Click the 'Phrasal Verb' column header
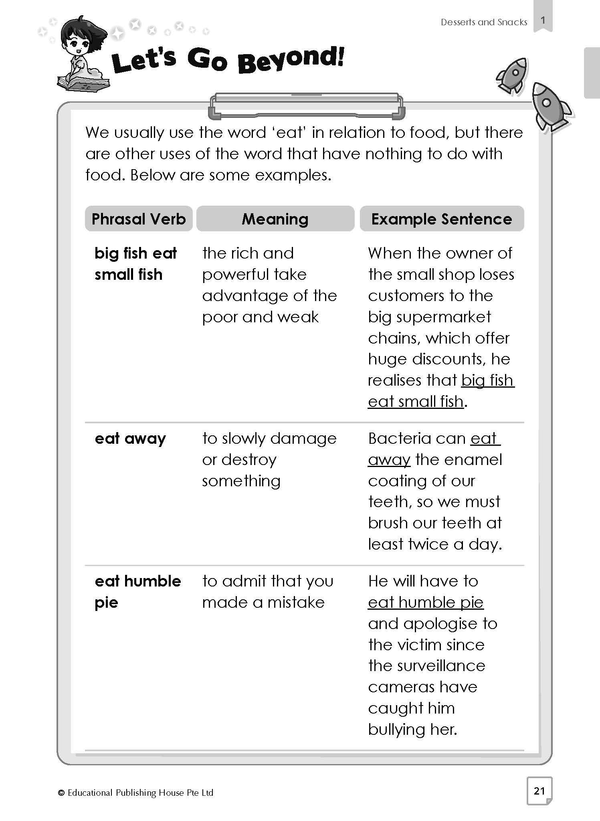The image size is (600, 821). [x=139, y=219]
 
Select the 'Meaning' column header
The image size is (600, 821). [x=275, y=219]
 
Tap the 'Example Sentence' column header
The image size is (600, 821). [x=442, y=219]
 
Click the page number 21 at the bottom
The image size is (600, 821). [x=539, y=791]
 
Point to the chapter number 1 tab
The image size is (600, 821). [x=543, y=20]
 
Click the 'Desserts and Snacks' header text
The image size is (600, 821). [x=484, y=22]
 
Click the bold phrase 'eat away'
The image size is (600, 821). [x=130, y=439]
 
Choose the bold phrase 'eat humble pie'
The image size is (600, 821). [x=137, y=592]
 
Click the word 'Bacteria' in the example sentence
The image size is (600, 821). [x=396, y=439]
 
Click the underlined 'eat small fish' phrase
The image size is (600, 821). [x=416, y=401]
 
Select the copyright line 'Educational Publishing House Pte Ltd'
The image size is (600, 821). [x=140, y=793]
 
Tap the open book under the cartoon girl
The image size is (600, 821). [x=82, y=83]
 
